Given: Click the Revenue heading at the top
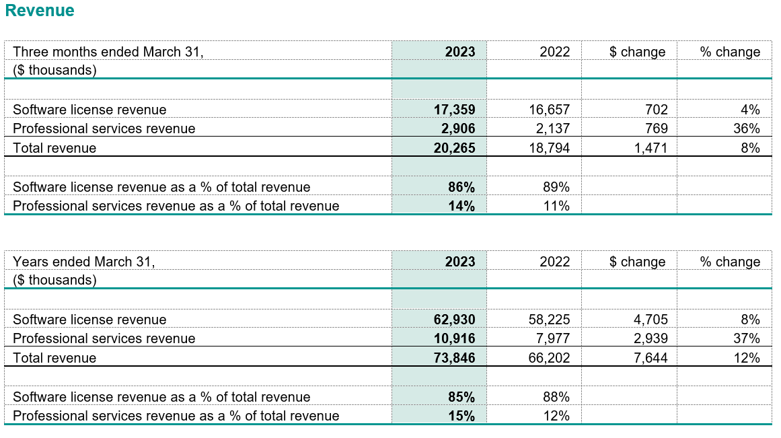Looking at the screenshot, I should click(40, 11).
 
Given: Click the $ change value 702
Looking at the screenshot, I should click(655, 109).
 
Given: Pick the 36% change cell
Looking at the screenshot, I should click(747, 129).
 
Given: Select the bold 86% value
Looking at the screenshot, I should click(461, 187).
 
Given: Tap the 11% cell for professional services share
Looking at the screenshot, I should click(556, 206).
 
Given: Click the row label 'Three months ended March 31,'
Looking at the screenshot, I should click(108, 52).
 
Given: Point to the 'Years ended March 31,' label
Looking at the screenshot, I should click(84, 262).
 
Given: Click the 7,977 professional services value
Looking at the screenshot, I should click(553, 338).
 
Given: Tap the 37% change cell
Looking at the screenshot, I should click(747, 338).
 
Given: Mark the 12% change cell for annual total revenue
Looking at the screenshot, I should click(747, 358).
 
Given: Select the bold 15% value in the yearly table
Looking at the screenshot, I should click(461, 416).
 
